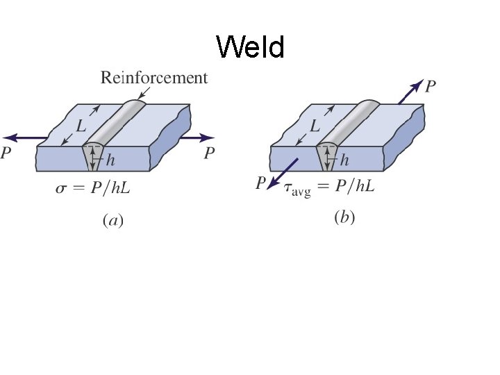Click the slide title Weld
[x=250, y=48]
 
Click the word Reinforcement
[x=154, y=77]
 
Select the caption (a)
[x=112, y=221]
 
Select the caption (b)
[x=345, y=218]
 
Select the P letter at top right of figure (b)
[x=431, y=86]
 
